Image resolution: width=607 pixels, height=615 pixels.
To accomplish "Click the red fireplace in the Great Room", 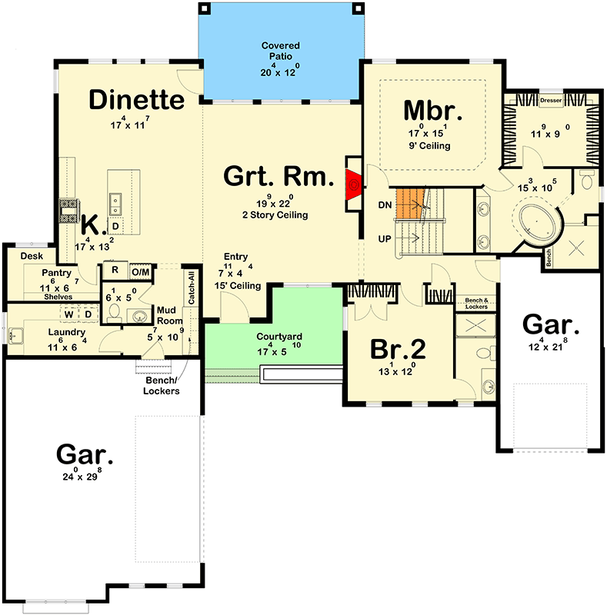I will (353, 184).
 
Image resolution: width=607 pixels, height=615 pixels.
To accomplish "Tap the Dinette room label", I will (136, 100).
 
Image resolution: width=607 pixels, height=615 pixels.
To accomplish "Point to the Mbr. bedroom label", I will (433, 111).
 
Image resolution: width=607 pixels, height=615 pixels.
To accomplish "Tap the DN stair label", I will (385, 205).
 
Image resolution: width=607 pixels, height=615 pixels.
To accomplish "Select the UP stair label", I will (385, 239).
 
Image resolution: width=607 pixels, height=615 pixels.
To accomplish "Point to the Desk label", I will (31, 255).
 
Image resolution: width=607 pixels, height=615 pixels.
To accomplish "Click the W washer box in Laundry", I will (68, 314).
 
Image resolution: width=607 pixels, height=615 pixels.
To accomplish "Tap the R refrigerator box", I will (115, 271).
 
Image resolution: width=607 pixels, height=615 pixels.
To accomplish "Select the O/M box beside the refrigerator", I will (140, 271).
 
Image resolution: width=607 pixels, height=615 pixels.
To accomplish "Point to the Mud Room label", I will (168, 315).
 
